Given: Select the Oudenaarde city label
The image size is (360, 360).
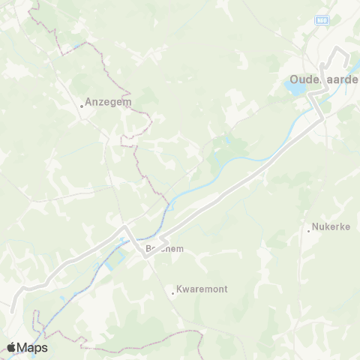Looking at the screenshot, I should point(325,78).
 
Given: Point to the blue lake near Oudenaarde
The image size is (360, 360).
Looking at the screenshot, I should point(295,88).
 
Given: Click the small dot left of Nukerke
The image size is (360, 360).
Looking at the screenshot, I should point(309,230).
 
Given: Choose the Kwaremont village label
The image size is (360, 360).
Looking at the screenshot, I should point(202,288).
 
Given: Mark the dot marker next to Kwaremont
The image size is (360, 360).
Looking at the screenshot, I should point(173,293).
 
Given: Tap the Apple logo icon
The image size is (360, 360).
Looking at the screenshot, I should point(11,347).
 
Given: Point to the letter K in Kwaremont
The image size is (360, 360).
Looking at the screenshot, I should point(179,288).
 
